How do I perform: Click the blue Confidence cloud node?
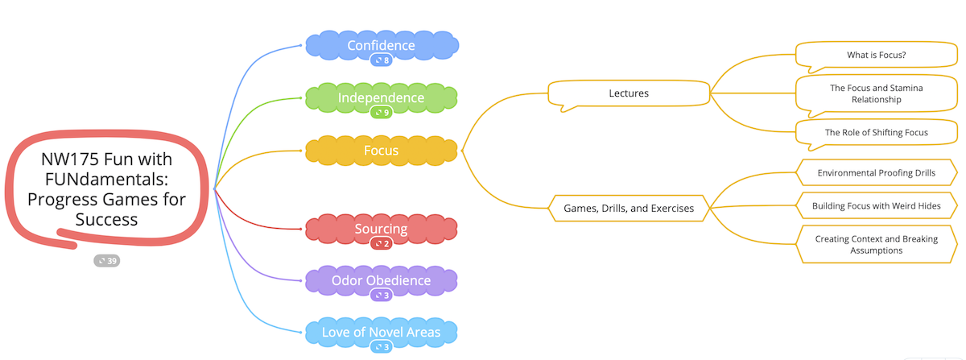(382, 45)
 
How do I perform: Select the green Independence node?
(382, 97)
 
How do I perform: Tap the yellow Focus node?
(382, 150)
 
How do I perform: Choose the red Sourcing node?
(382, 229)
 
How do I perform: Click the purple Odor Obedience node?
(382, 280)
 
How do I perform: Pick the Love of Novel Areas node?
(382, 332)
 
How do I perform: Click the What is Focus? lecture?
(876, 56)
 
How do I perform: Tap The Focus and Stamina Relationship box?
(876, 93)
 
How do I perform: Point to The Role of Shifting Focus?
(876, 132)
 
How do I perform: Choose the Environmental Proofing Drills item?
(876, 172)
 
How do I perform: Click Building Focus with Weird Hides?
(876, 206)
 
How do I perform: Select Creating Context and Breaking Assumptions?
(876, 244)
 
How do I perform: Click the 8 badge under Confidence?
(382, 60)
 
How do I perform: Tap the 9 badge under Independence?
(382, 113)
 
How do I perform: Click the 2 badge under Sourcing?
(382, 244)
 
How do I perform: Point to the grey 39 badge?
(107, 260)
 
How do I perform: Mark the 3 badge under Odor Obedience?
(382, 296)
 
